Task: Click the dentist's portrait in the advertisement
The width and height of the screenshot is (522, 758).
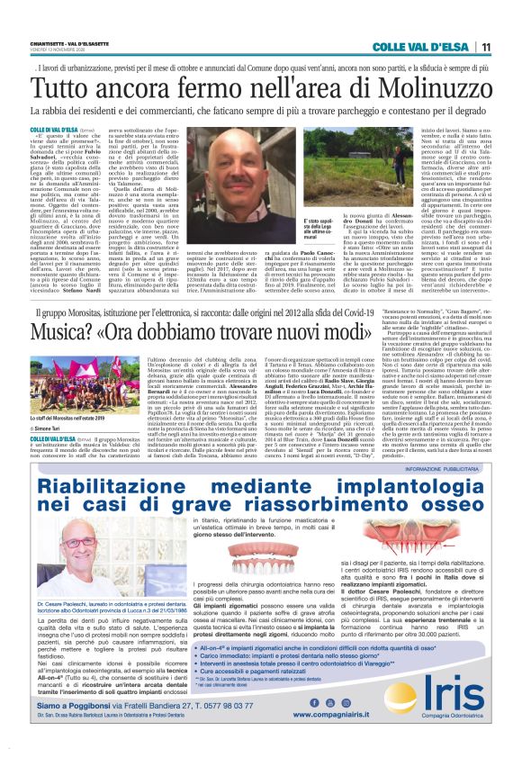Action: [x=67, y=576]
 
